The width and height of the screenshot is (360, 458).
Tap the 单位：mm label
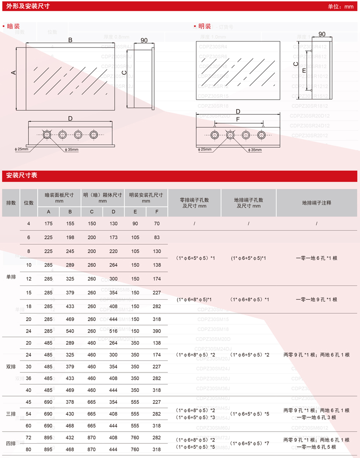[340, 6]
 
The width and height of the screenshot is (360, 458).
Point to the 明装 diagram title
[205, 26]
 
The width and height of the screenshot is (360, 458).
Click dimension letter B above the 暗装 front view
[70, 40]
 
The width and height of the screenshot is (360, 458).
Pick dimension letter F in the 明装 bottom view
[238, 119]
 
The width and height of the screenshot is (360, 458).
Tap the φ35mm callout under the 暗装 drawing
[72, 150]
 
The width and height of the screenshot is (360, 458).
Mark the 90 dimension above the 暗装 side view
[144, 40]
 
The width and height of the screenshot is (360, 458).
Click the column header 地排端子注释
[316, 203]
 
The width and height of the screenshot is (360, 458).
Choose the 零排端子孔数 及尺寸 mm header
[194, 203]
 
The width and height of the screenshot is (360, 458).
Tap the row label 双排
[11, 366]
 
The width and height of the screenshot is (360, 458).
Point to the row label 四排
[11, 444]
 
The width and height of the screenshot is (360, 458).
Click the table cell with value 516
[114, 331]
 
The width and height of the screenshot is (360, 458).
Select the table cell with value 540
[70, 331]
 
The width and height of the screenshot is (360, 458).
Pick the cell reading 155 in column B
[70, 223]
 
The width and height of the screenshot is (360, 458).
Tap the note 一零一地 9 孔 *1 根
[316, 300]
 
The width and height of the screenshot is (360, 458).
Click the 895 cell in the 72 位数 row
[49, 438]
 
